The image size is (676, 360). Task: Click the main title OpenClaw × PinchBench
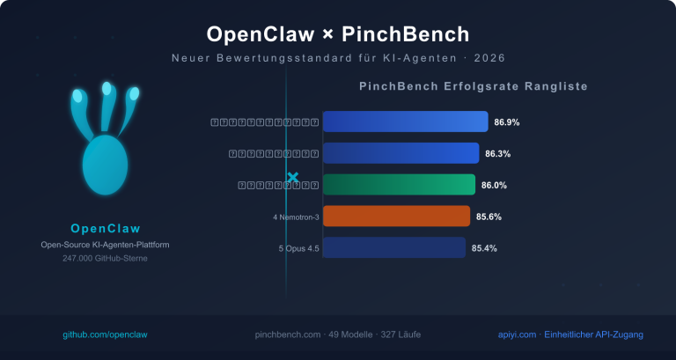pyautogui.click(x=338, y=34)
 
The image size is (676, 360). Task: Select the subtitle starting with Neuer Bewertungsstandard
pyautogui.click(x=338, y=58)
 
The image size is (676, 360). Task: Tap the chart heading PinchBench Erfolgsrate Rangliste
pyautogui.click(x=473, y=87)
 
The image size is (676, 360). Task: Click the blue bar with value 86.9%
pyautogui.click(x=405, y=121)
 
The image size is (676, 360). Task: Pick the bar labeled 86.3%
pyautogui.click(x=400, y=153)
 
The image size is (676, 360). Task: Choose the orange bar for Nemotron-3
pyautogui.click(x=396, y=217)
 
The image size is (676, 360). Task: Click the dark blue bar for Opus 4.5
pyautogui.click(x=393, y=248)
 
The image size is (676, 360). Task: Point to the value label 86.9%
pyautogui.click(x=507, y=122)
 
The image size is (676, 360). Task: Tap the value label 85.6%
pyautogui.click(x=489, y=217)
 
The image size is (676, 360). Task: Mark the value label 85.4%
pyautogui.click(x=484, y=248)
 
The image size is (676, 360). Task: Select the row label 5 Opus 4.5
pyautogui.click(x=298, y=249)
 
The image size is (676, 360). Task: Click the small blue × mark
pyautogui.click(x=293, y=178)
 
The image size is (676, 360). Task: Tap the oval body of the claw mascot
pyautogui.click(x=105, y=165)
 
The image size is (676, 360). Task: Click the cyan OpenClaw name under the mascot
pyautogui.click(x=106, y=229)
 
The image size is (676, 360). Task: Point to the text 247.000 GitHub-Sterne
pyautogui.click(x=106, y=259)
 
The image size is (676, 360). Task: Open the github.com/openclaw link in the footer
pyautogui.click(x=105, y=335)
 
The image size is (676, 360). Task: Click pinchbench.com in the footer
pyautogui.click(x=285, y=335)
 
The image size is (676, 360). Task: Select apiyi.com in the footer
pyautogui.click(x=514, y=335)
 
